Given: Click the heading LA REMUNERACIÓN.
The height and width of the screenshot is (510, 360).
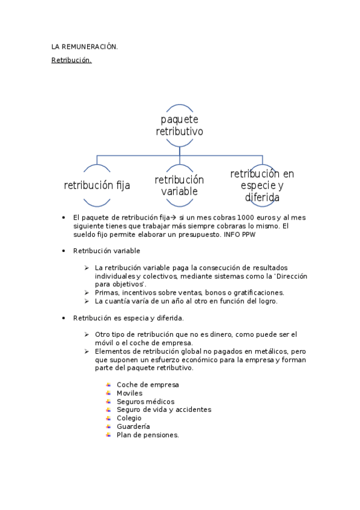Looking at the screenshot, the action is (x=84, y=46).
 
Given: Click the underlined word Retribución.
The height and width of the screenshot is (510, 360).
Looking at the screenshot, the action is (x=71, y=60).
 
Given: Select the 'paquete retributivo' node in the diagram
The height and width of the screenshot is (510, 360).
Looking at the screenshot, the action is (x=180, y=125).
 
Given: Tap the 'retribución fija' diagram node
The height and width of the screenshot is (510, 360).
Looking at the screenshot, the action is (x=97, y=185).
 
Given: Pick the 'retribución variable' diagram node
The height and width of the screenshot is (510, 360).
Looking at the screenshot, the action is (x=180, y=185).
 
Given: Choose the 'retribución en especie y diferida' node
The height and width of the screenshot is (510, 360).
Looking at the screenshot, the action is (x=262, y=185).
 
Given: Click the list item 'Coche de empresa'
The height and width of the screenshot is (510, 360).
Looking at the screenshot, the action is (x=148, y=384).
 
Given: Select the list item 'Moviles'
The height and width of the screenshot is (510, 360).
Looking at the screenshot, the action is (x=130, y=393).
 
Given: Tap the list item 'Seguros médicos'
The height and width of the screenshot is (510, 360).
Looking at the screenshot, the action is (x=145, y=401).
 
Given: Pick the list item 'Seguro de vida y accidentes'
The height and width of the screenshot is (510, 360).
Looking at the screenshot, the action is (x=163, y=410).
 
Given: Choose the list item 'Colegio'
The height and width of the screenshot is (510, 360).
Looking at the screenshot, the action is (x=129, y=418).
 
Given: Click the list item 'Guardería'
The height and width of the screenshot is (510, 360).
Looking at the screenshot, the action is (x=133, y=426).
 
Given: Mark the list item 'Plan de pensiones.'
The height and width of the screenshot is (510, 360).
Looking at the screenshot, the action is (x=148, y=435).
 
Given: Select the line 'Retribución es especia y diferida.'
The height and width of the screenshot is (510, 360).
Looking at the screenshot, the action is (x=128, y=318).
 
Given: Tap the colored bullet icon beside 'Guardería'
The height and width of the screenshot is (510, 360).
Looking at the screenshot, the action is (x=108, y=426).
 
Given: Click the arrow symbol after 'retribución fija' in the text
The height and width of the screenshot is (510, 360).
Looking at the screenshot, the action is (x=172, y=217).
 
